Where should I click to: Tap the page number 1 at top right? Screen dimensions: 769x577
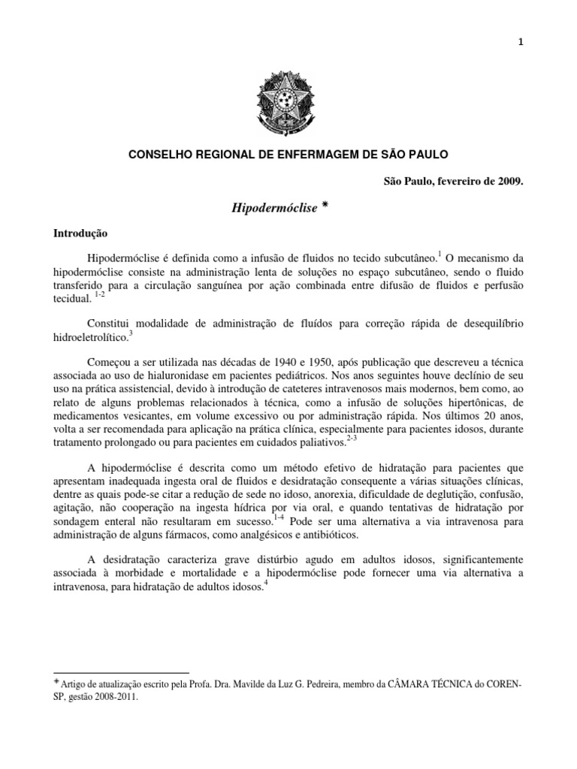[x=520, y=21]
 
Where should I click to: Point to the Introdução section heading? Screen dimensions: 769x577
[x=81, y=234]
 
